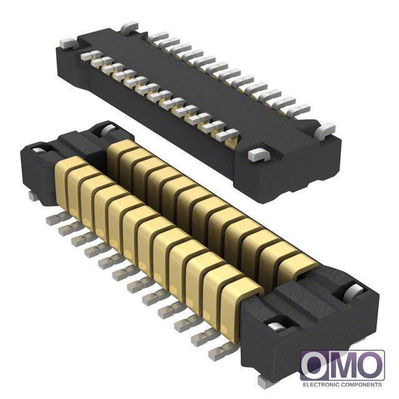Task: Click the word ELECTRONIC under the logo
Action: pyautogui.click(x=321, y=385)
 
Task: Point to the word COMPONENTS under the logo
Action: pyautogui.click(x=362, y=385)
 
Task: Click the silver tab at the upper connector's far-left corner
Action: pyautogui.click(x=69, y=43)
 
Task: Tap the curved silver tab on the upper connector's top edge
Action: pyautogui.click(x=129, y=27)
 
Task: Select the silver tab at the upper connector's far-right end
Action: pyautogui.click(x=325, y=130)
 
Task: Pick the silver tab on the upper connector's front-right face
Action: pyautogui.click(x=261, y=155)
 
